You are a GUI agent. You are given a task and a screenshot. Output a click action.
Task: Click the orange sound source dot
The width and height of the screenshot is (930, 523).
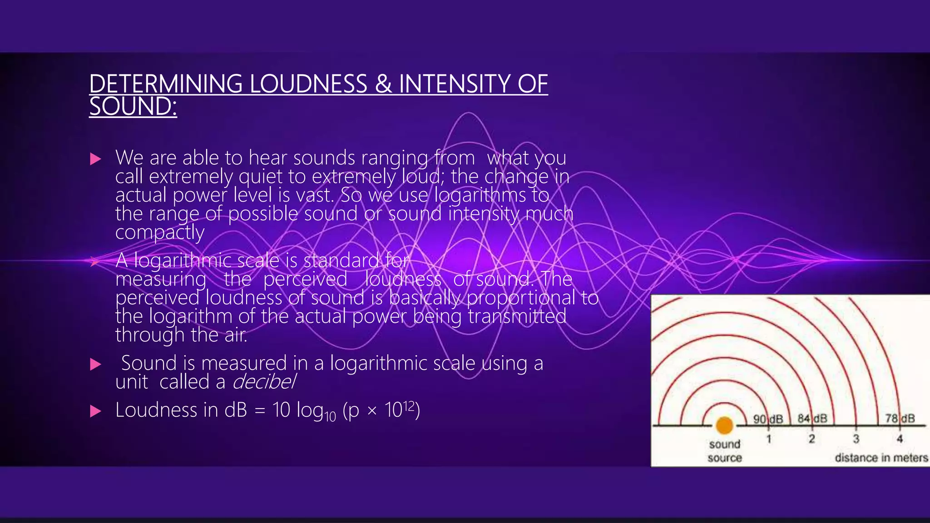click(x=724, y=425)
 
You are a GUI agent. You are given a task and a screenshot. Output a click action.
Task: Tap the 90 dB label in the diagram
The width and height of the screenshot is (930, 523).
click(x=768, y=419)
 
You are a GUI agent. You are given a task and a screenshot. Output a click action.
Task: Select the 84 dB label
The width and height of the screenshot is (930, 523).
click(x=812, y=418)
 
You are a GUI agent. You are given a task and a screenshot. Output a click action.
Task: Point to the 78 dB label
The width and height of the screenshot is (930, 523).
click(x=900, y=418)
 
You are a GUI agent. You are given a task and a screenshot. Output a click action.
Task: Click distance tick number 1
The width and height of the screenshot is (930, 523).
click(x=769, y=439)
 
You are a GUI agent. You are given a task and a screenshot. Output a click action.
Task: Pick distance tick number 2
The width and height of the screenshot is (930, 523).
click(x=812, y=439)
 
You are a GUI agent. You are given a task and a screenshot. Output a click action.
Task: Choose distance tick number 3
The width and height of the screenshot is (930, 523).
click(x=856, y=439)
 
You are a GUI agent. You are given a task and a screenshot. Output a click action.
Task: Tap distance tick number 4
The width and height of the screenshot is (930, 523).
click(x=900, y=439)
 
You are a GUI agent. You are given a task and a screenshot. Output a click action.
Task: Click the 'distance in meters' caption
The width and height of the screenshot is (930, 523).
click(x=881, y=458)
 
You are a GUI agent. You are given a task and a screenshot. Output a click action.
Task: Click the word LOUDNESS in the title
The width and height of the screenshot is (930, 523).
click(x=308, y=84)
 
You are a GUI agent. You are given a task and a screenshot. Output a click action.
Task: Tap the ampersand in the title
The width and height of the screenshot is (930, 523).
click(x=383, y=84)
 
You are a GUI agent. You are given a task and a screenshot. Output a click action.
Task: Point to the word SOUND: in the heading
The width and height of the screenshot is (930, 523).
click(x=133, y=107)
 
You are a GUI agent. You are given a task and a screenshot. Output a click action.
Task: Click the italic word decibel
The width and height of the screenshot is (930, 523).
click(x=264, y=382)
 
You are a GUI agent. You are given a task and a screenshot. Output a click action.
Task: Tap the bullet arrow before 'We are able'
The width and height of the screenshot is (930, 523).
click(x=95, y=159)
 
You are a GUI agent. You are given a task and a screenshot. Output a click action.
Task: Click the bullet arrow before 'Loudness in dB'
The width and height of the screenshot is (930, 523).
click(x=95, y=411)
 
